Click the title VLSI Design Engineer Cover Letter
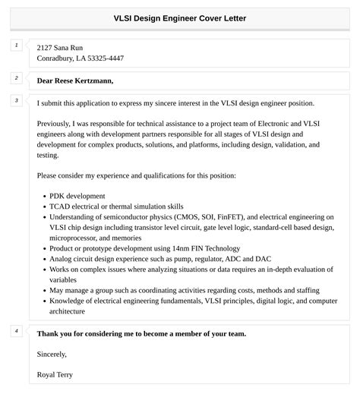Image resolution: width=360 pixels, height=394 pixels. [180, 17]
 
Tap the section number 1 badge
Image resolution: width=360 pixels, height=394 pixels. [16, 46]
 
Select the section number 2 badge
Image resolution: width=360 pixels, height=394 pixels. [16, 77]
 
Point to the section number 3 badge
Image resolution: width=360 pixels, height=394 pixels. [16, 100]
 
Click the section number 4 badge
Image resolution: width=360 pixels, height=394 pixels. [16, 331]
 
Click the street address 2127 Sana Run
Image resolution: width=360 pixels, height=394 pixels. [64, 47]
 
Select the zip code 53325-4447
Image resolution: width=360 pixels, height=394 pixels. [106, 58]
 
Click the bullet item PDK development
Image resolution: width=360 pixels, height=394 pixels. [78, 195]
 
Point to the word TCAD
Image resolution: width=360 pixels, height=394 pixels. [61, 206]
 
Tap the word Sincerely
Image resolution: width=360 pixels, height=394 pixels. [52, 354]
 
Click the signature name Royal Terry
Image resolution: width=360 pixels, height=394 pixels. [55, 375]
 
